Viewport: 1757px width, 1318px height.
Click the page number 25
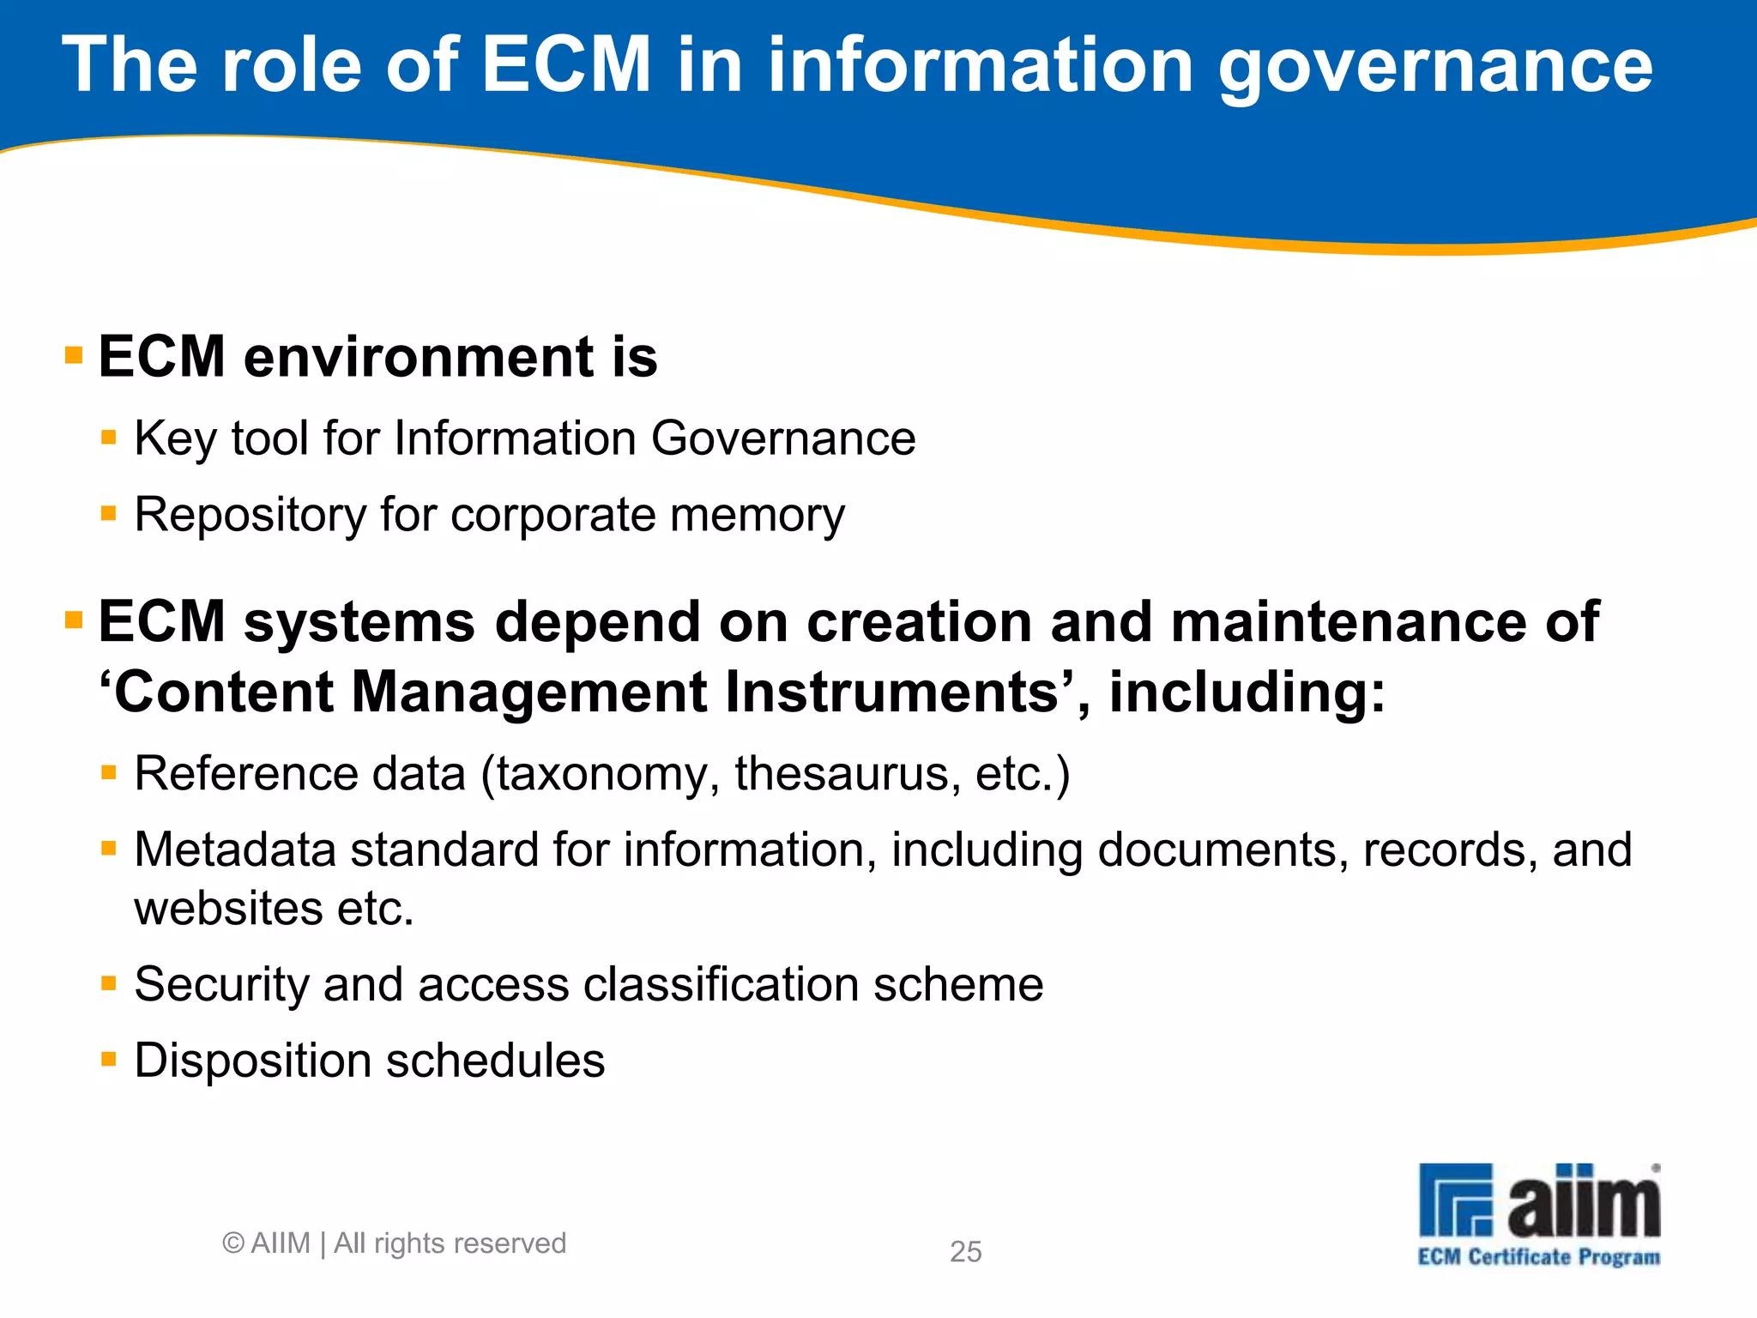click(965, 1252)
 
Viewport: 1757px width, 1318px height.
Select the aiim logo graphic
click(1539, 1200)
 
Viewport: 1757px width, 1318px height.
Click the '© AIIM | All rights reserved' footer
click(394, 1243)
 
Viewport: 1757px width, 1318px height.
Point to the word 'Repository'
click(250, 516)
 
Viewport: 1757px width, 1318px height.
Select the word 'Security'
click(221, 985)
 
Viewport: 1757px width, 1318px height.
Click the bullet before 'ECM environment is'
click(74, 355)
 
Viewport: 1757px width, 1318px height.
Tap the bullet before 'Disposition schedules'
click(108, 1060)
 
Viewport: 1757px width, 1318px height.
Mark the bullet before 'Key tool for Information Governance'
click(108, 438)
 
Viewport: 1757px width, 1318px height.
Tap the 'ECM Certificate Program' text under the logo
click(1539, 1258)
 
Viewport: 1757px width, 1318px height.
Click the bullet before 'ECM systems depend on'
click(74, 620)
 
